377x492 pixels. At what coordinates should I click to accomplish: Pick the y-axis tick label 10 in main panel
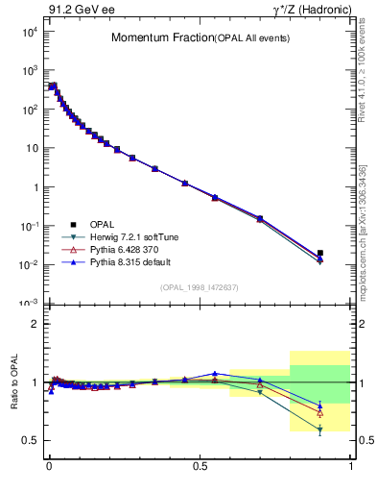point(30,148)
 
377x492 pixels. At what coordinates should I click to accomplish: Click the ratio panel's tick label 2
point(35,324)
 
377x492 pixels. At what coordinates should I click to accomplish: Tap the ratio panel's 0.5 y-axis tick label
point(30,440)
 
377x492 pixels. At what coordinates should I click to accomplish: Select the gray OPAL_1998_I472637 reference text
point(200,286)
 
